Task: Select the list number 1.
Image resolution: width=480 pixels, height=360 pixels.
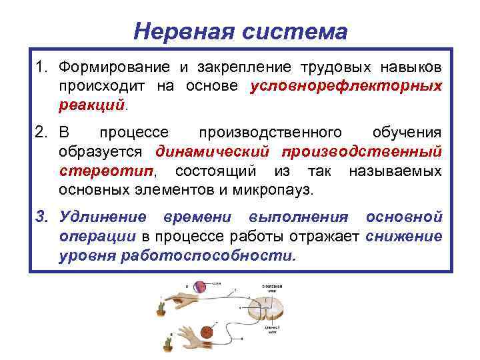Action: [42, 68]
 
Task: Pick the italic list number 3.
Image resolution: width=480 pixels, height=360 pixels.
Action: [42, 217]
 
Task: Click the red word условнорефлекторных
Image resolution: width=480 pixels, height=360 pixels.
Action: [346, 87]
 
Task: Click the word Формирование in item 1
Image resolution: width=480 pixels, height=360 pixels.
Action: [109, 68]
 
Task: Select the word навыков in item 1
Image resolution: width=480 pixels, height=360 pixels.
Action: [411, 68]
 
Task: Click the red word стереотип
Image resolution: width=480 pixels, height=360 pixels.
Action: [105, 171]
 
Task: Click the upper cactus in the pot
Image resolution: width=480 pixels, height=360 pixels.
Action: [161, 307]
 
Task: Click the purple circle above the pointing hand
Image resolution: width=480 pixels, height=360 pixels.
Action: [201, 287]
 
